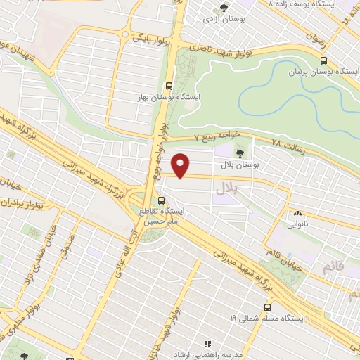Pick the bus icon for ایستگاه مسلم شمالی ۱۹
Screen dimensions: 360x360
point(266,307)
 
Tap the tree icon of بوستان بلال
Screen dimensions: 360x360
point(240,153)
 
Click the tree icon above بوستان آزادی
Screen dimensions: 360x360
point(224,8)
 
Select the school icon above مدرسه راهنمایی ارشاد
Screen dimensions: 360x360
point(207,343)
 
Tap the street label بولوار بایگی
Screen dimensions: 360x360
point(150,37)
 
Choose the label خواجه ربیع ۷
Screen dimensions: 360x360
point(217,134)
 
